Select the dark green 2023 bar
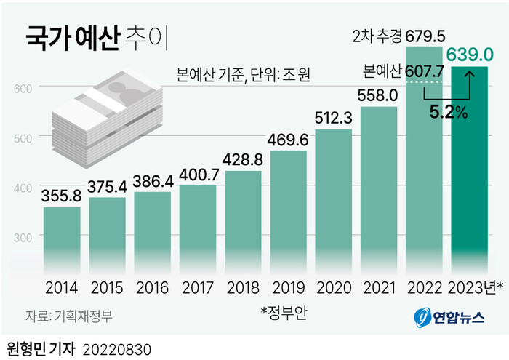(x=470, y=167)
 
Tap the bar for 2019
(x=289, y=211)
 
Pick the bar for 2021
(x=379, y=189)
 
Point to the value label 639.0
(x=470, y=55)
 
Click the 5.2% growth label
(x=446, y=113)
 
